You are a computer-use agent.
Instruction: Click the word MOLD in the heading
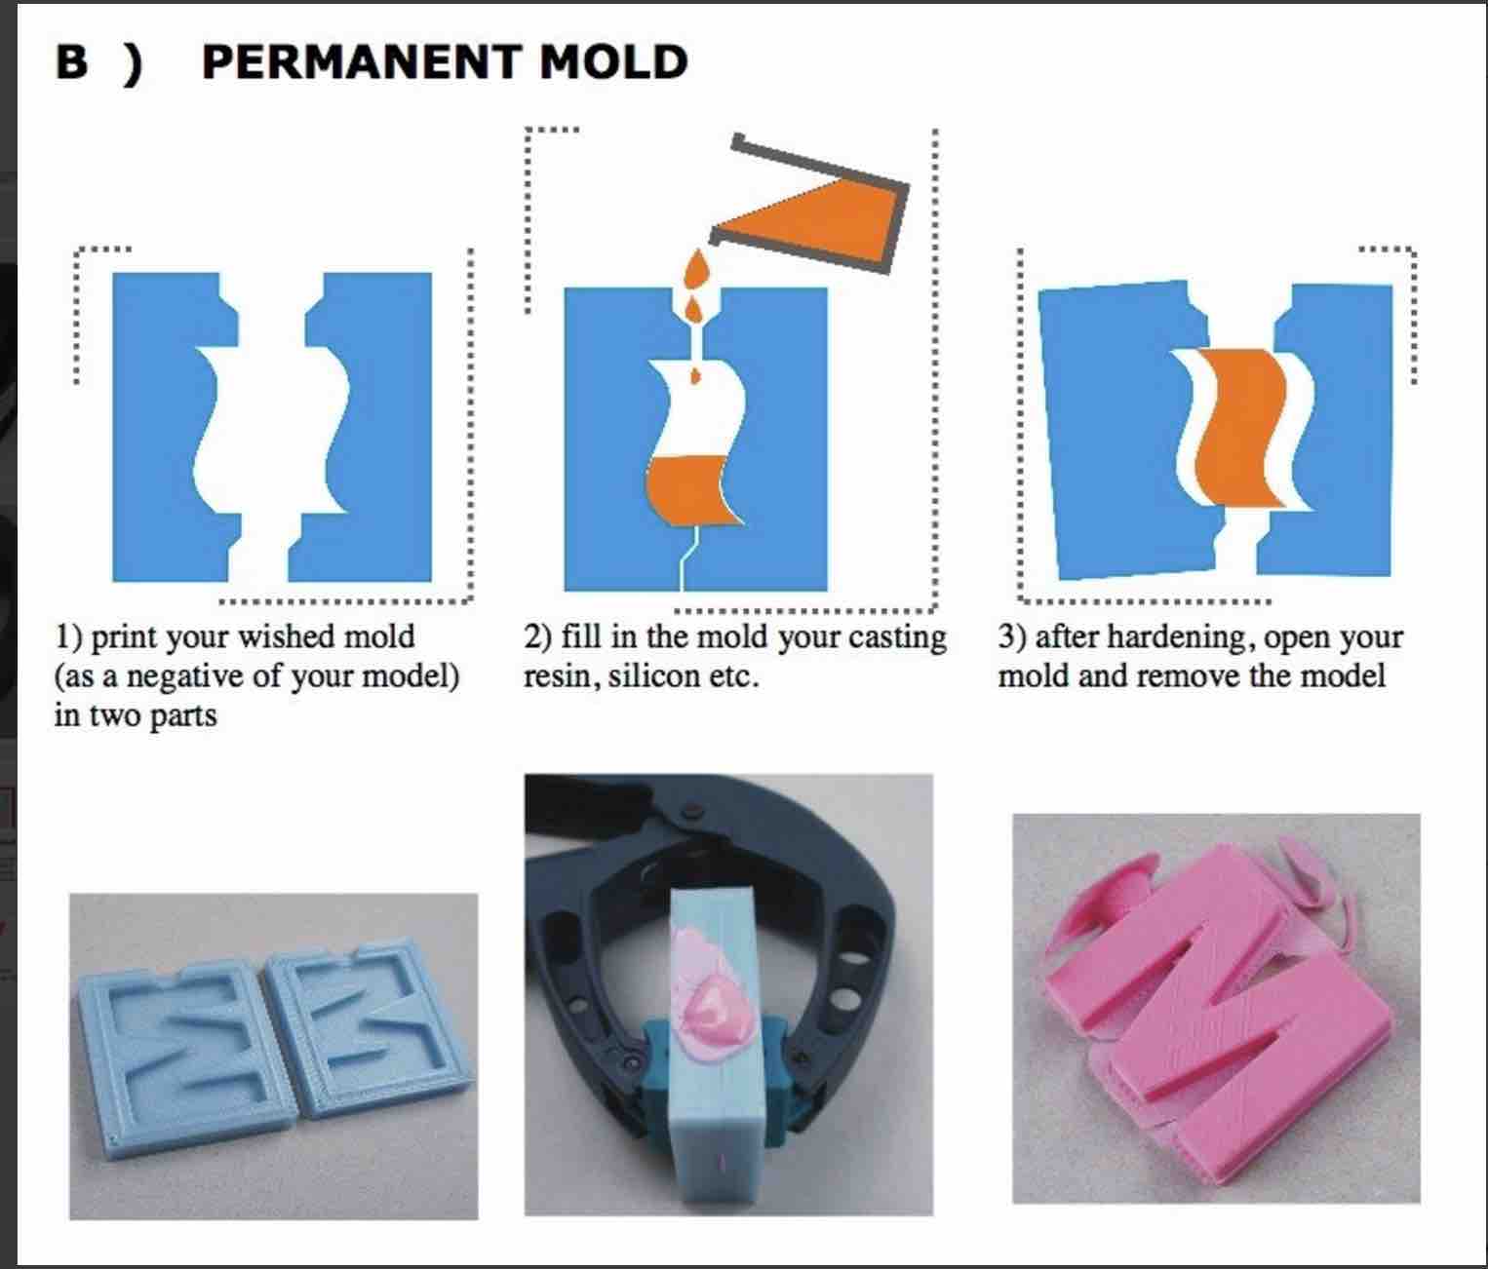pos(613,62)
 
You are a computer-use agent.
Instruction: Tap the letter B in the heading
pos(72,62)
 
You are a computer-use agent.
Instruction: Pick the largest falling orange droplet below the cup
pos(697,267)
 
